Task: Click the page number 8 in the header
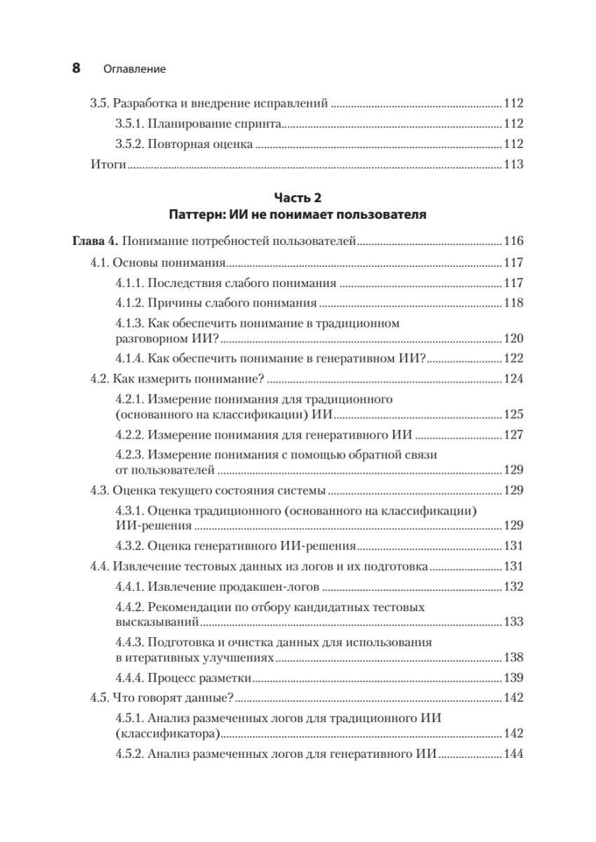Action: [x=77, y=69]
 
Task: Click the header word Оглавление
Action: [x=134, y=69]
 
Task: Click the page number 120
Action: [x=514, y=338]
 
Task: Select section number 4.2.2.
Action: [x=130, y=434]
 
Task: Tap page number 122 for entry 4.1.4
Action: [x=514, y=359]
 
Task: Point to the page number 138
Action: [x=514, y=658]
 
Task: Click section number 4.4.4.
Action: [x=130, y=679]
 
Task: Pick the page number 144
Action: [x=514, y=754]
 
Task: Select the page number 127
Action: [x=514, y=434]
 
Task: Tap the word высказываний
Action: [x=154, y=622]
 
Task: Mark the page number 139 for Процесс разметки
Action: [x=514, y=679]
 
